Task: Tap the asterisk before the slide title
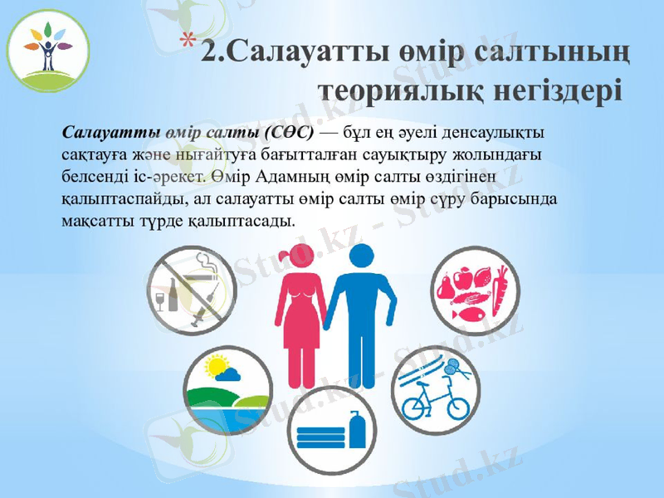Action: (x=190, y=40)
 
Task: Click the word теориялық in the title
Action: (x=390, y=88)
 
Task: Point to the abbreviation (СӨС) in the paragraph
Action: (x=289, y=133)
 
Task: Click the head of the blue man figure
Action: (x=363, y=256)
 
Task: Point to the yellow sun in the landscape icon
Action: (x=217, y=366)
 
